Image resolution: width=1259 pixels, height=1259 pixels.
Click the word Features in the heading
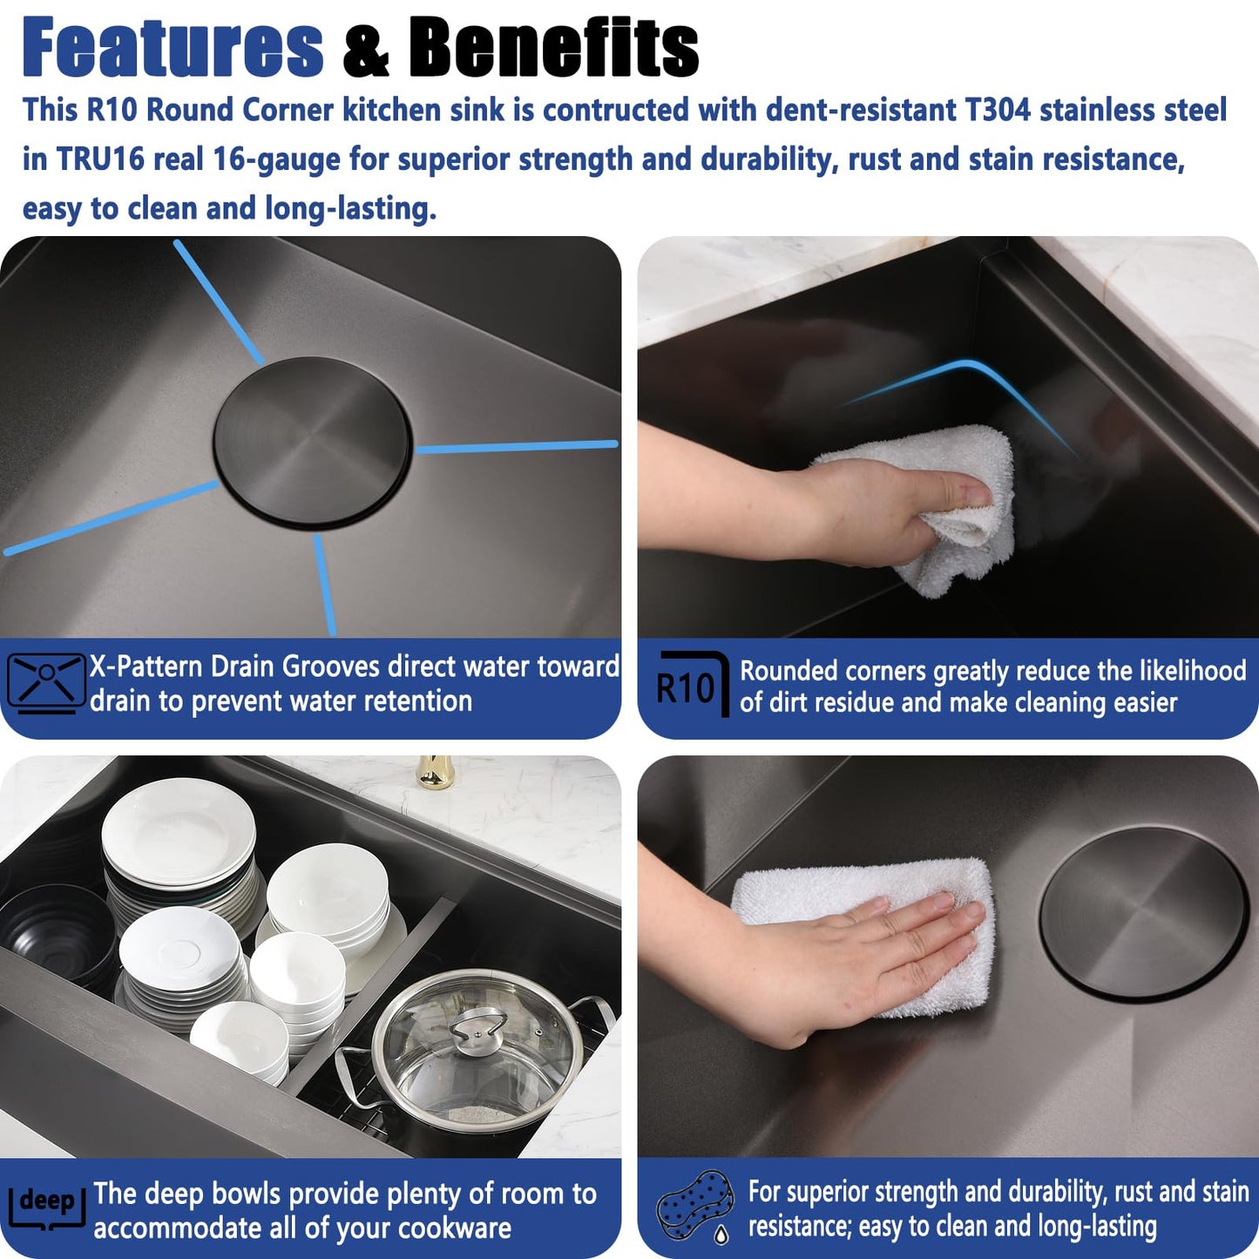point(173,48)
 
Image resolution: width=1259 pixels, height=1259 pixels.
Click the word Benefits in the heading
point(554,48)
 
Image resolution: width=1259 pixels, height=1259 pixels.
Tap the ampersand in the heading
point(366,51)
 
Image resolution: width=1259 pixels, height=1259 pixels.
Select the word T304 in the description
point(998,110)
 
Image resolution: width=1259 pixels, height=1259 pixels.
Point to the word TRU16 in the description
point(101,159)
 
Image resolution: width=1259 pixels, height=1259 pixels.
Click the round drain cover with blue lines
point(312,442)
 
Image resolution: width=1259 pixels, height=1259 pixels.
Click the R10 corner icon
point(693,684)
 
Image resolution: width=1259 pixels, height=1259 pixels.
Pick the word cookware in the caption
point(455,1229)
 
